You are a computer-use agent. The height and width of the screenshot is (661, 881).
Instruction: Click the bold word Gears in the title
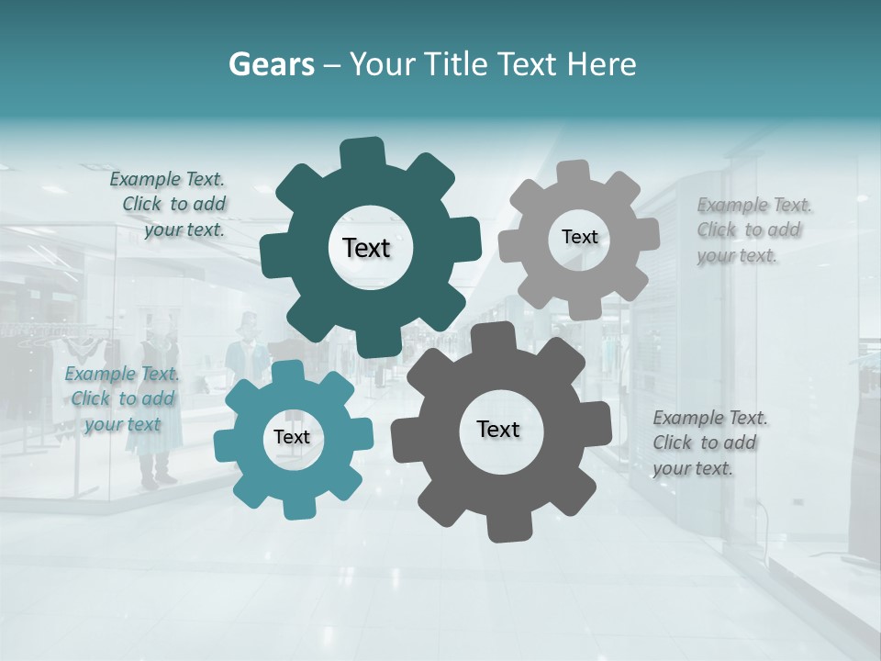271,64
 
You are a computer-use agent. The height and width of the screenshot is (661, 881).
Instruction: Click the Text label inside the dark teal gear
367,248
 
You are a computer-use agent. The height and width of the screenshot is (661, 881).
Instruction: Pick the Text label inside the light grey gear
579,237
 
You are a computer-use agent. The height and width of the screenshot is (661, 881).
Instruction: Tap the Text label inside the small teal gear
292,437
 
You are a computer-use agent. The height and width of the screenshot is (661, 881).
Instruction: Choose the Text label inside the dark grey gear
498,429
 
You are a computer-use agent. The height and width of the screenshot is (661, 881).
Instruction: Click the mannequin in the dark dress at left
158,404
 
